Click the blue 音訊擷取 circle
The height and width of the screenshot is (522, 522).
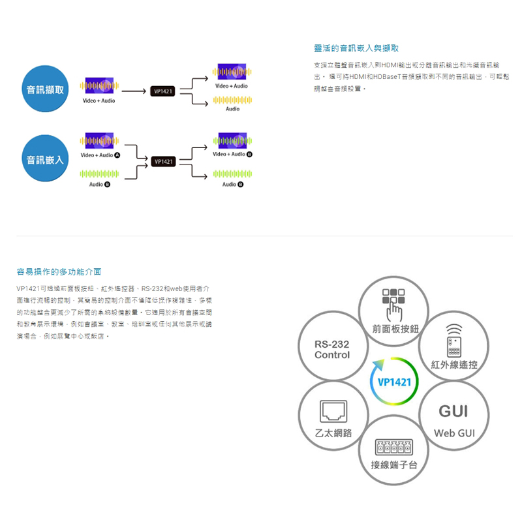pos(46,90)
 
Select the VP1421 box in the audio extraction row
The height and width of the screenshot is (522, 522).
pos(162,91)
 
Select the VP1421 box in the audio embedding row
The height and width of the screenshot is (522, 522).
pos(162,161)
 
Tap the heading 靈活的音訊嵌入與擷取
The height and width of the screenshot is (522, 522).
pos(356,48)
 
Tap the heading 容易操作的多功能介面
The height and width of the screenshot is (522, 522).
pos(59,271)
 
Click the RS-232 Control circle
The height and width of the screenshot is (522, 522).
pos(331,350)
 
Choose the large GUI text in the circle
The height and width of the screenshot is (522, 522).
pos(453,411)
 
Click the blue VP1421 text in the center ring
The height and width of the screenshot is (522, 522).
pos(394,382)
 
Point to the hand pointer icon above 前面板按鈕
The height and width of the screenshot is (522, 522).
pos(395,307)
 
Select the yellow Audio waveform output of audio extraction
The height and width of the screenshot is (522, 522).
pos(232,100)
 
